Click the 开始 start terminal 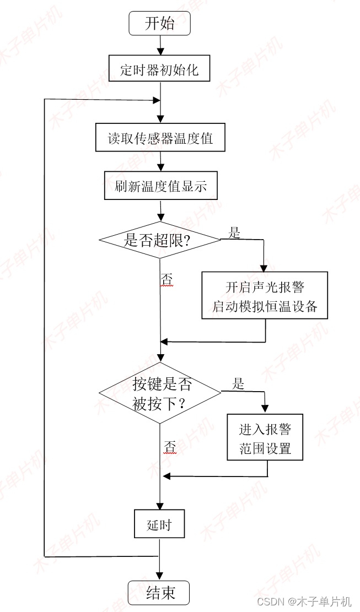tap(159, 24)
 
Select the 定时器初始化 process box tap(159, 69)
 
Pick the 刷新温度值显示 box tap(160, 186)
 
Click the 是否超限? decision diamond tap(160, 240)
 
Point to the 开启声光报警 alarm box tap(265, 296)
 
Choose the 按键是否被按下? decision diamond tap(160, 393)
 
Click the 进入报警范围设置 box tap(265, 438)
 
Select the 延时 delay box tap(159, 524)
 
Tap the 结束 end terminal tap(159, 593)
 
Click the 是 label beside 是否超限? tap(235, 232)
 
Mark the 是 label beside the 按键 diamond tap(238, 383)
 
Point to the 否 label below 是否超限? tap(166, 280)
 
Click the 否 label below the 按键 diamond tap(170, 447)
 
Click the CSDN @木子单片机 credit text tap(304, 601)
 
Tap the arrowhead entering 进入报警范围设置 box tap(265, 409)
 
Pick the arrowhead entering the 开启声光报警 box tap(265, 268)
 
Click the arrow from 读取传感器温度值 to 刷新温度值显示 tap(160, 161)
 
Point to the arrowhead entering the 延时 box tap(159, 507)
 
